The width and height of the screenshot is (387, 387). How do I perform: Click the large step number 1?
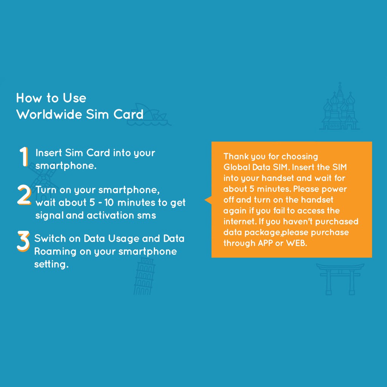24,156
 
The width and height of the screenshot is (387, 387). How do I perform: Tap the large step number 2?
24,195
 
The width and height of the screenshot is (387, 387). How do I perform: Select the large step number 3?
23,241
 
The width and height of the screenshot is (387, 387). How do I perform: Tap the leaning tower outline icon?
144,276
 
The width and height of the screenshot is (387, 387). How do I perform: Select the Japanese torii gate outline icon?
340,279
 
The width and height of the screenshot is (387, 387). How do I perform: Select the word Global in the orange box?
237,167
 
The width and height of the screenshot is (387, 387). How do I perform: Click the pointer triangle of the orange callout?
208,200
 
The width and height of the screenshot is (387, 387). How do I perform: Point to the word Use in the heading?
74,98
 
